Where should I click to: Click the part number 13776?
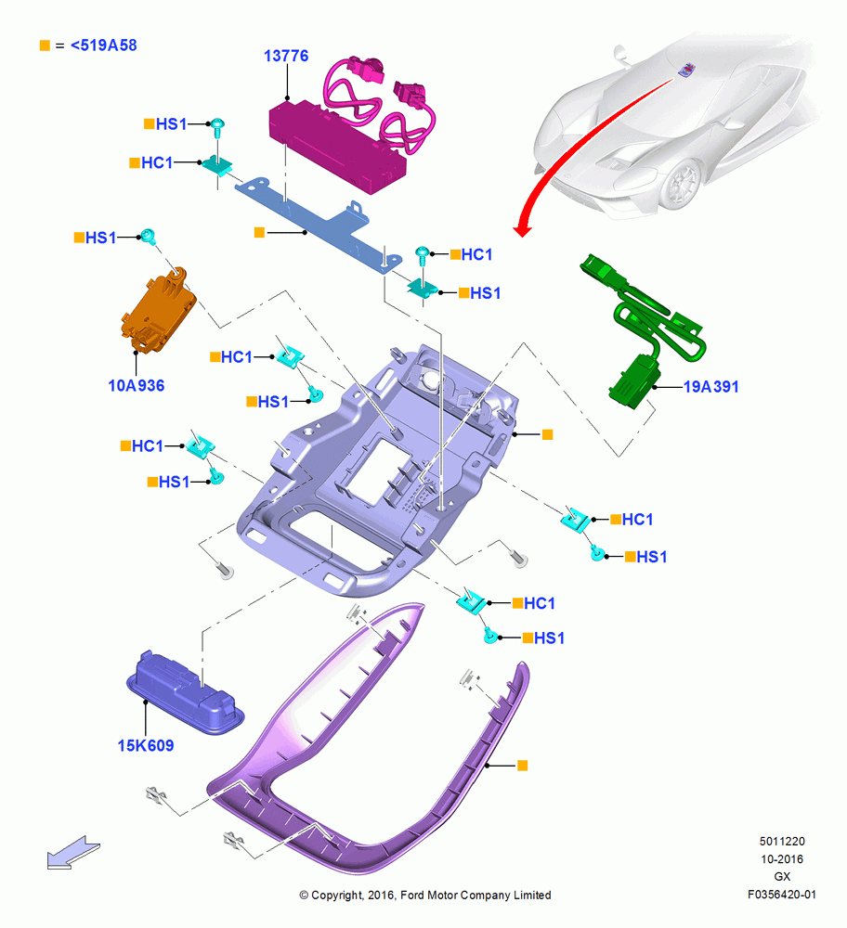coord(286,56)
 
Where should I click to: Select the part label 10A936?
coord(137,385)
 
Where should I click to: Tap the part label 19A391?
coord(711,386)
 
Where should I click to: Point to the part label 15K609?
coord(146,745)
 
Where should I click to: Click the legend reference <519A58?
coord(104,45)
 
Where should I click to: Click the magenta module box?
coord(337,147)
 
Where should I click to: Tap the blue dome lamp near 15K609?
coord(185,692)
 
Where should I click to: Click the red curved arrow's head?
coord(522,229)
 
